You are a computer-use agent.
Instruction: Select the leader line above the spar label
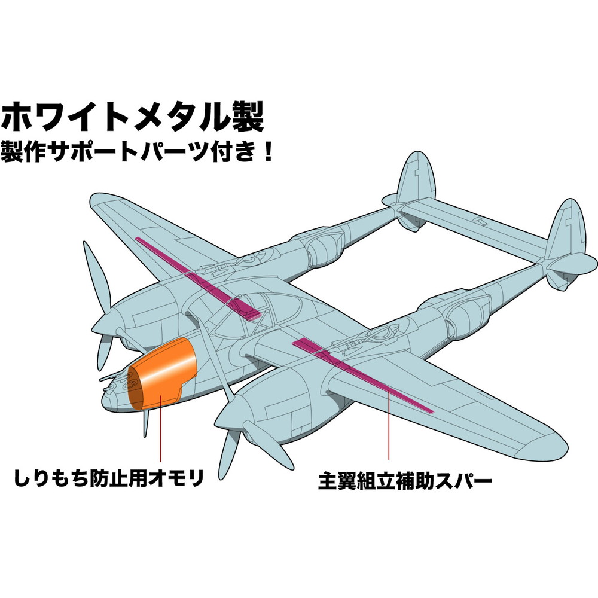tap(389, 431)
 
